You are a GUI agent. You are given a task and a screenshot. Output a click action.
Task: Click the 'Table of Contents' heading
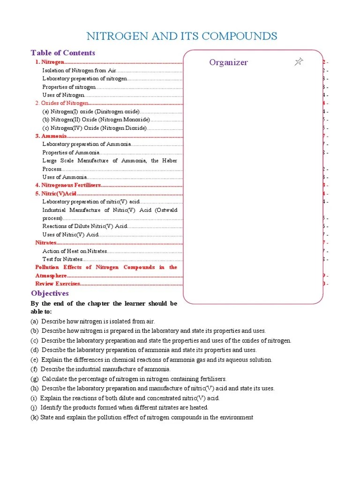pos(63,52)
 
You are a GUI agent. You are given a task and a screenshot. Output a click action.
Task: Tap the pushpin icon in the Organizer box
pos(299,62)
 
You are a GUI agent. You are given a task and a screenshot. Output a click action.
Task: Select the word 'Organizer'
pos(228,62)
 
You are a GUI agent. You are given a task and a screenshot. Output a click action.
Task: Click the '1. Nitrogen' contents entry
pos(50,62)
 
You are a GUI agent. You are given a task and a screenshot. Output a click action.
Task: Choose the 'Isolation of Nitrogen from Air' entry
pos(79,70)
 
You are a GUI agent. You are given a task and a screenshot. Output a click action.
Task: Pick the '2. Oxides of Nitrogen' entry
pos(62,103)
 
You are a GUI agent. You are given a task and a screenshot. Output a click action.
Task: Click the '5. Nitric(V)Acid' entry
pos(56,194)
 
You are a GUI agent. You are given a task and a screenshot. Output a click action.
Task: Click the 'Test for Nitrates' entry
pos(62,259)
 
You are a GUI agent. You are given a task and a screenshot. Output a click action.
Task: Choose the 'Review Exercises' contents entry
pos(58,284)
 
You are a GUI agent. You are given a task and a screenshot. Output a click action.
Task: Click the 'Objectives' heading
pos(50,293)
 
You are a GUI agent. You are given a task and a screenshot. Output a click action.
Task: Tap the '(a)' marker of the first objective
pos(35,322)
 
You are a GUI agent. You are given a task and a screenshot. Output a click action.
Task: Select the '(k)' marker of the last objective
pos(35,417)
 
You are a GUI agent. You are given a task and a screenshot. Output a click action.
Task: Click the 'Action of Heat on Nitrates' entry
pos(75,251)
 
